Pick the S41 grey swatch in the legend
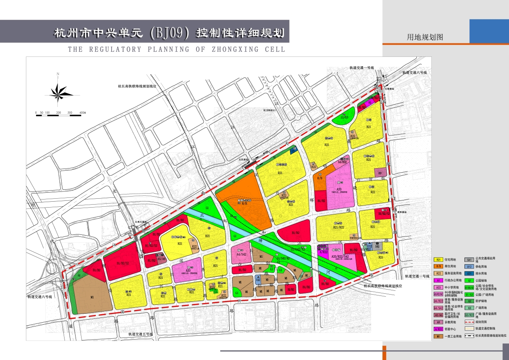click(x=470, y=259)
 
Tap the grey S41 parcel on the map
click(x=377, y=246)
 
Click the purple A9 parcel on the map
click(x=380, y=173)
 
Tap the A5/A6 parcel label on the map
click(x=161, y=258)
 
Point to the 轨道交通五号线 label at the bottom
click(x=142, y=335)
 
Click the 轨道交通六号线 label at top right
click(x=413, y=73)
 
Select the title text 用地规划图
click(x=425, y=37)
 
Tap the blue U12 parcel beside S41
click(x=370, y=246)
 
